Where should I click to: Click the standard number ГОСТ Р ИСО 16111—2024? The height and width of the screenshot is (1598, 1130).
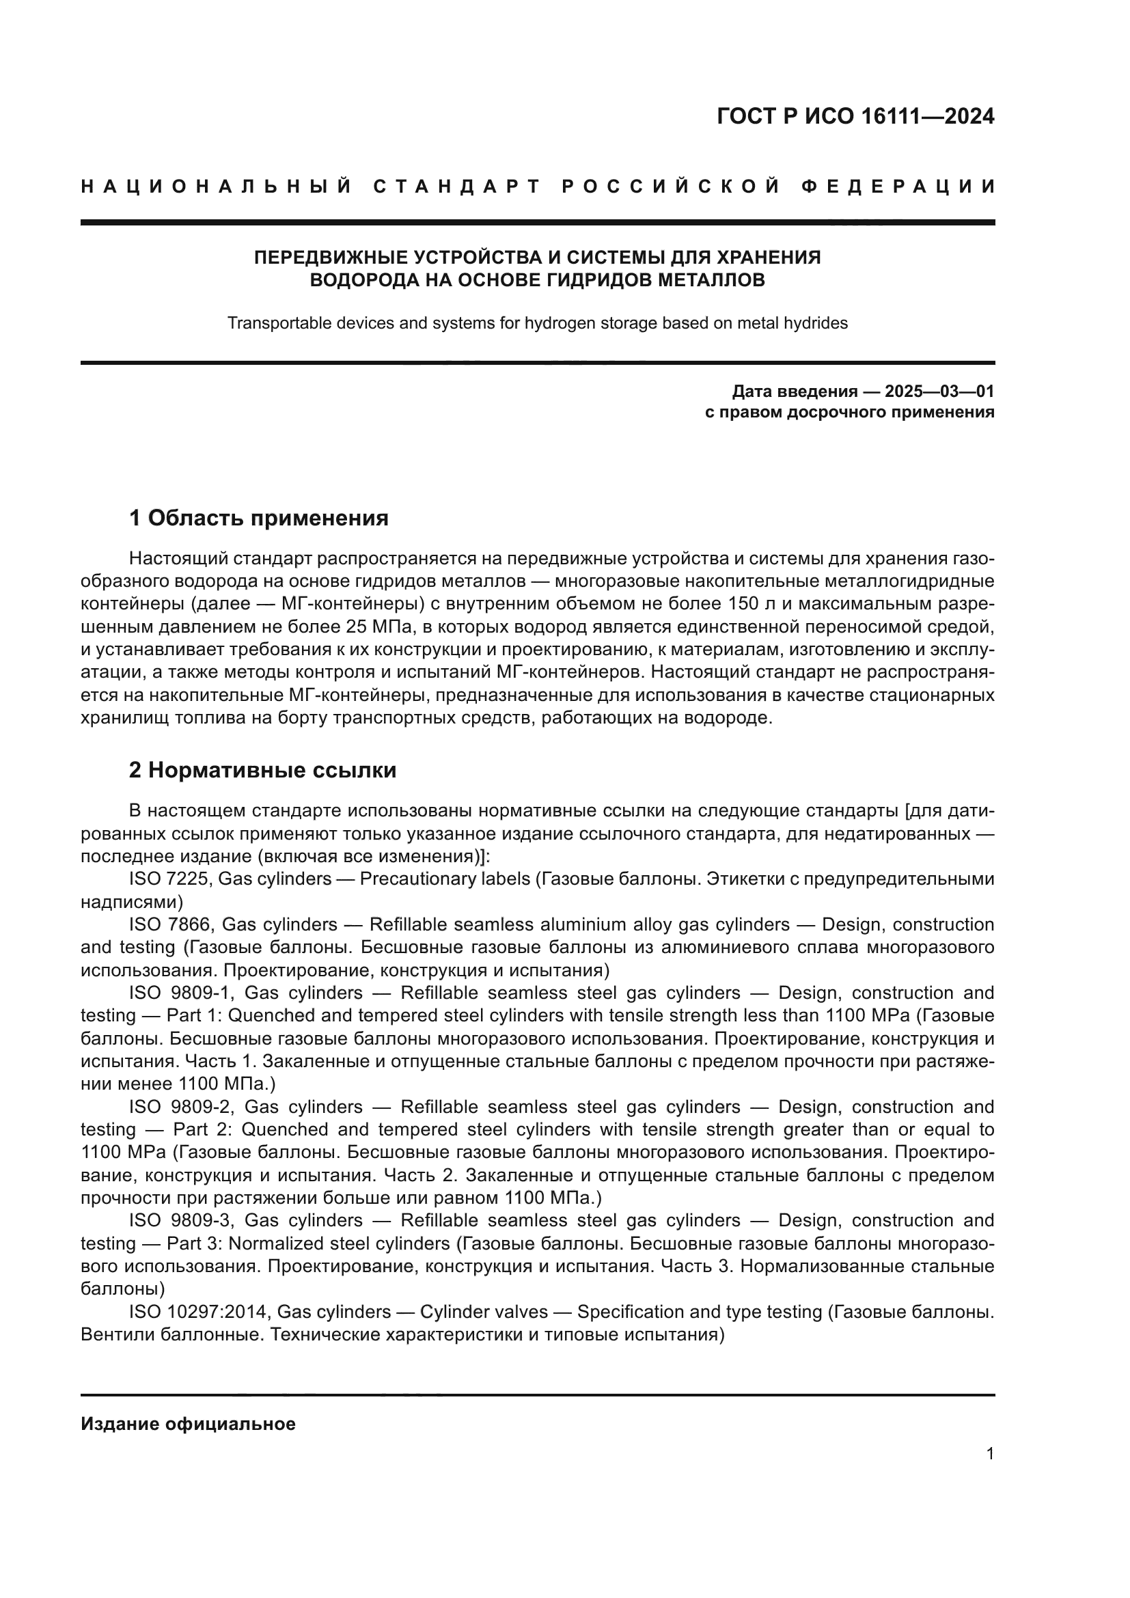pos(855,116)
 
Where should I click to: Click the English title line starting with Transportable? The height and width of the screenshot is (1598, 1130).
pos(537,323)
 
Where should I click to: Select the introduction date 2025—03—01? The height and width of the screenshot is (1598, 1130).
pos(939,391)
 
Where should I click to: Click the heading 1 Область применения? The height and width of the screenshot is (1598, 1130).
pos(259,518)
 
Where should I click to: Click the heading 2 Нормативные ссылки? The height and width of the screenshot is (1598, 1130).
pos(263,770)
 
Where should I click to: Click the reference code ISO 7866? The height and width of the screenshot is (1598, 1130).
pos(171,924)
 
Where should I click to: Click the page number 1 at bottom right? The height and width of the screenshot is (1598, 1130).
pos(990,1454)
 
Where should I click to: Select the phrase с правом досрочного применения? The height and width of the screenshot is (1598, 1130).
pos(850,412)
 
